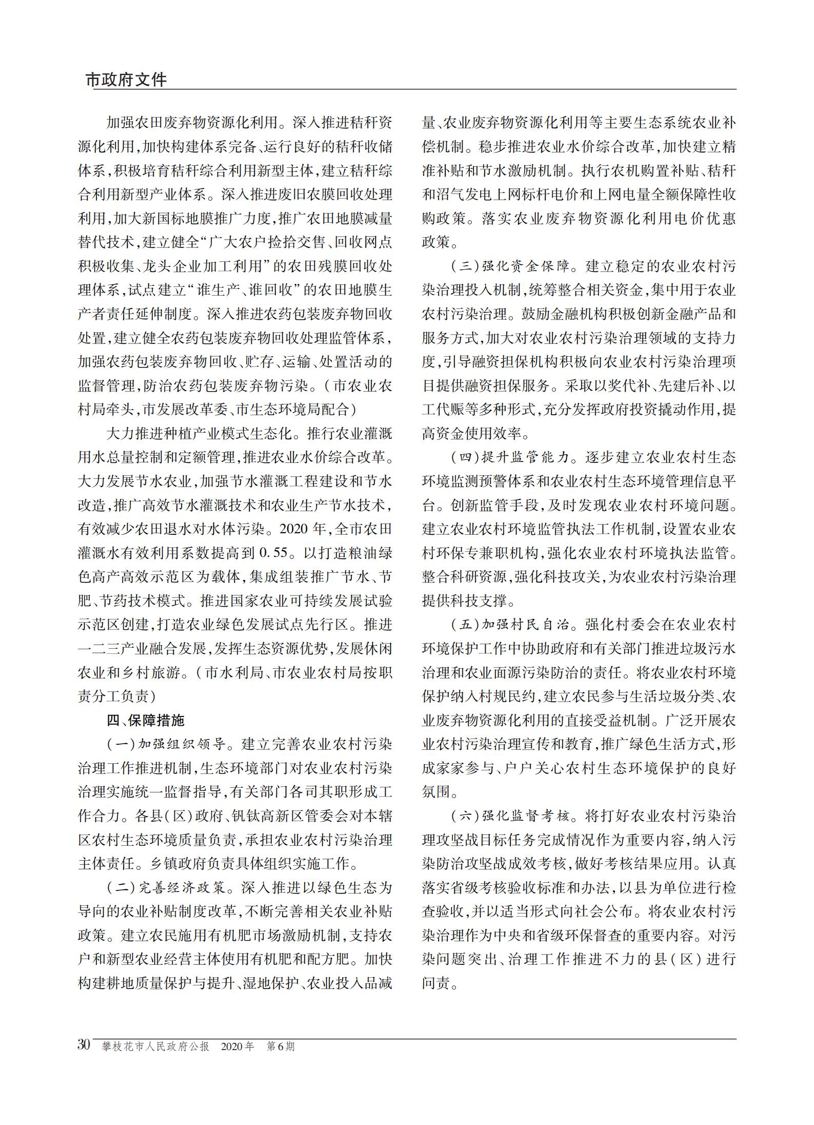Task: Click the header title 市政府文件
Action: click(126, 80)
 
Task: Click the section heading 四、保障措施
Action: click(145, 721)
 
